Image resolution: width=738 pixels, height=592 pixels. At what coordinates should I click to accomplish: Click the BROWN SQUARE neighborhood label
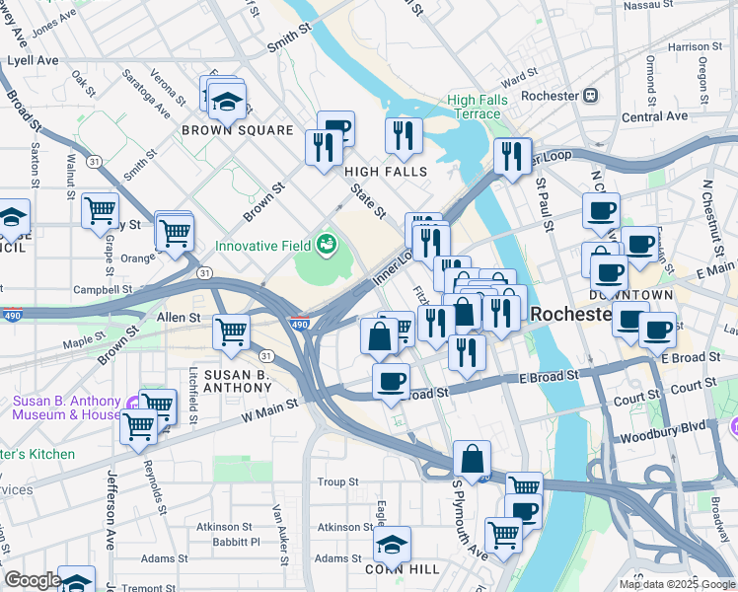(237, 130)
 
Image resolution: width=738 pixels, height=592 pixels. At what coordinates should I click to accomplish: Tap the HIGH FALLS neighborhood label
(386, 172)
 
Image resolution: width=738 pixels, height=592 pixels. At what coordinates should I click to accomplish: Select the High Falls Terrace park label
(478, 107)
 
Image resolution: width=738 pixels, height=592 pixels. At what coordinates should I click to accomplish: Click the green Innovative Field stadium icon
(325, 244)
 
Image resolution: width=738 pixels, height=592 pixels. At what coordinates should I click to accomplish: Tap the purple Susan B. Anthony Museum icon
(132, 402)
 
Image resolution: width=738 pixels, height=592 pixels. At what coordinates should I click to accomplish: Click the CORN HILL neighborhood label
(393, 569)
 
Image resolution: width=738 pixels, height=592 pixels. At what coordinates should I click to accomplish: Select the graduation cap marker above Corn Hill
(392, 544)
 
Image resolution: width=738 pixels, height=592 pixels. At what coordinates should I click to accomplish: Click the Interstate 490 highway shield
(299, 323)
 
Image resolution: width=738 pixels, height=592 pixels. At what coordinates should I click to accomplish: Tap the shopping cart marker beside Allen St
(231, 333)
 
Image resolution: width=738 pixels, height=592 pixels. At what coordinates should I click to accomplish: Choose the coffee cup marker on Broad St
(392, 381)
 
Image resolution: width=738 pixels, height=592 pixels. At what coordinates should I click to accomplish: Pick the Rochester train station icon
(591, 96)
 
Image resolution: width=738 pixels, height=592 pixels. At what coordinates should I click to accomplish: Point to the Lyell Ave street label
(33, 60)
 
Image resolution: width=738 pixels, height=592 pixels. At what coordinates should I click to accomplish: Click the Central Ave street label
(655, 116)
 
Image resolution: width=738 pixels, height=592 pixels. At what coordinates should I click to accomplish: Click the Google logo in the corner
(33, 580)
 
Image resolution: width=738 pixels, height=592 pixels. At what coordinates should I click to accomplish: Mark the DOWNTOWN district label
(631, 295)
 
